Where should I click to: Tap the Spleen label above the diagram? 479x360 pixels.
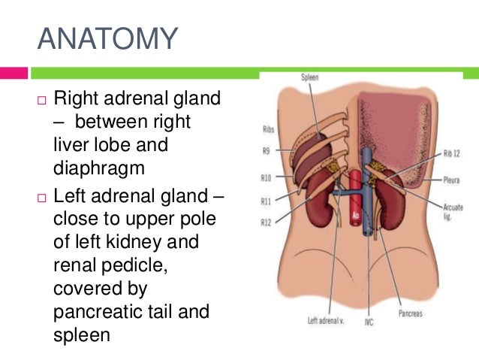click(310, 77)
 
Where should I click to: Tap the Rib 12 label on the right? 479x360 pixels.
click(454, 153)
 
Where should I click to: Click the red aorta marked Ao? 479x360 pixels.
click(356, 203)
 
